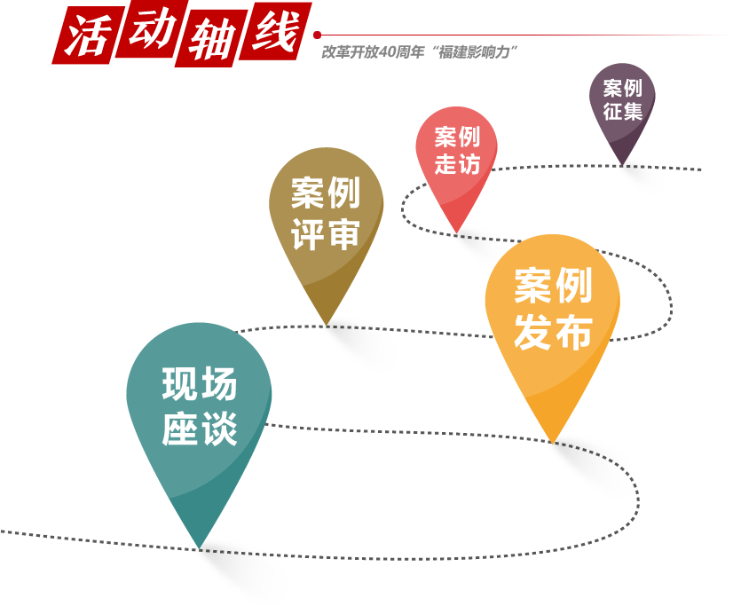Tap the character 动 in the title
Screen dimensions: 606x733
click(x=151, y=33)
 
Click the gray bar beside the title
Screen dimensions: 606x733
click(x=419, y=51)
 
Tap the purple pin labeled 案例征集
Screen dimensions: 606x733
click(x=622, y=106)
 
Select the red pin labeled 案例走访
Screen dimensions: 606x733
click(x=456, y=160)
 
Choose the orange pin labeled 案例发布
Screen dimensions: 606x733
click(x=552, y=319)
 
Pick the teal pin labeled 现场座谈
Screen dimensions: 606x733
click(x=199, y=417)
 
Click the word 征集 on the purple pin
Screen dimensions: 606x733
click(x=622, y=113)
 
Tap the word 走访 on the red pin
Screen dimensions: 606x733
click(x=457, y=164)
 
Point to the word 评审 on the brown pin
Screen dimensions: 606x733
click(x=326, y=234)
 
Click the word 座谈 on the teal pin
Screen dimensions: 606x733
click(x=200, y=431)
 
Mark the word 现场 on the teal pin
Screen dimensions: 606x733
click(x=200, y=386)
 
